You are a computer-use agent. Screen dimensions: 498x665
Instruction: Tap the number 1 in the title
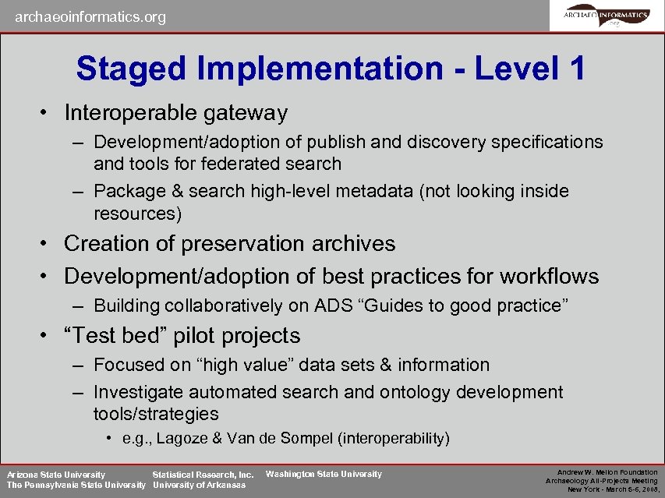[x=577, y=69]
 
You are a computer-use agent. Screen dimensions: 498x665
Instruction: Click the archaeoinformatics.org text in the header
[x=90, y=16]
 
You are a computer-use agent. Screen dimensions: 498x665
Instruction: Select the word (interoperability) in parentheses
[x=394, y=438]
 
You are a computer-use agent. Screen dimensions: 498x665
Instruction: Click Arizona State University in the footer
[x=56, y=474]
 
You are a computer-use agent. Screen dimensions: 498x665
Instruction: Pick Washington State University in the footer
[x=324, y=474]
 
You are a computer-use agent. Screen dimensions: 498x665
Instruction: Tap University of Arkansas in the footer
[x=199, y=485]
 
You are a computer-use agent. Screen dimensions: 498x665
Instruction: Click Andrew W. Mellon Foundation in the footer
[x=607, y=472]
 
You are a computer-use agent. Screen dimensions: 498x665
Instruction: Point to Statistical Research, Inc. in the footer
[x=203, y=474]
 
